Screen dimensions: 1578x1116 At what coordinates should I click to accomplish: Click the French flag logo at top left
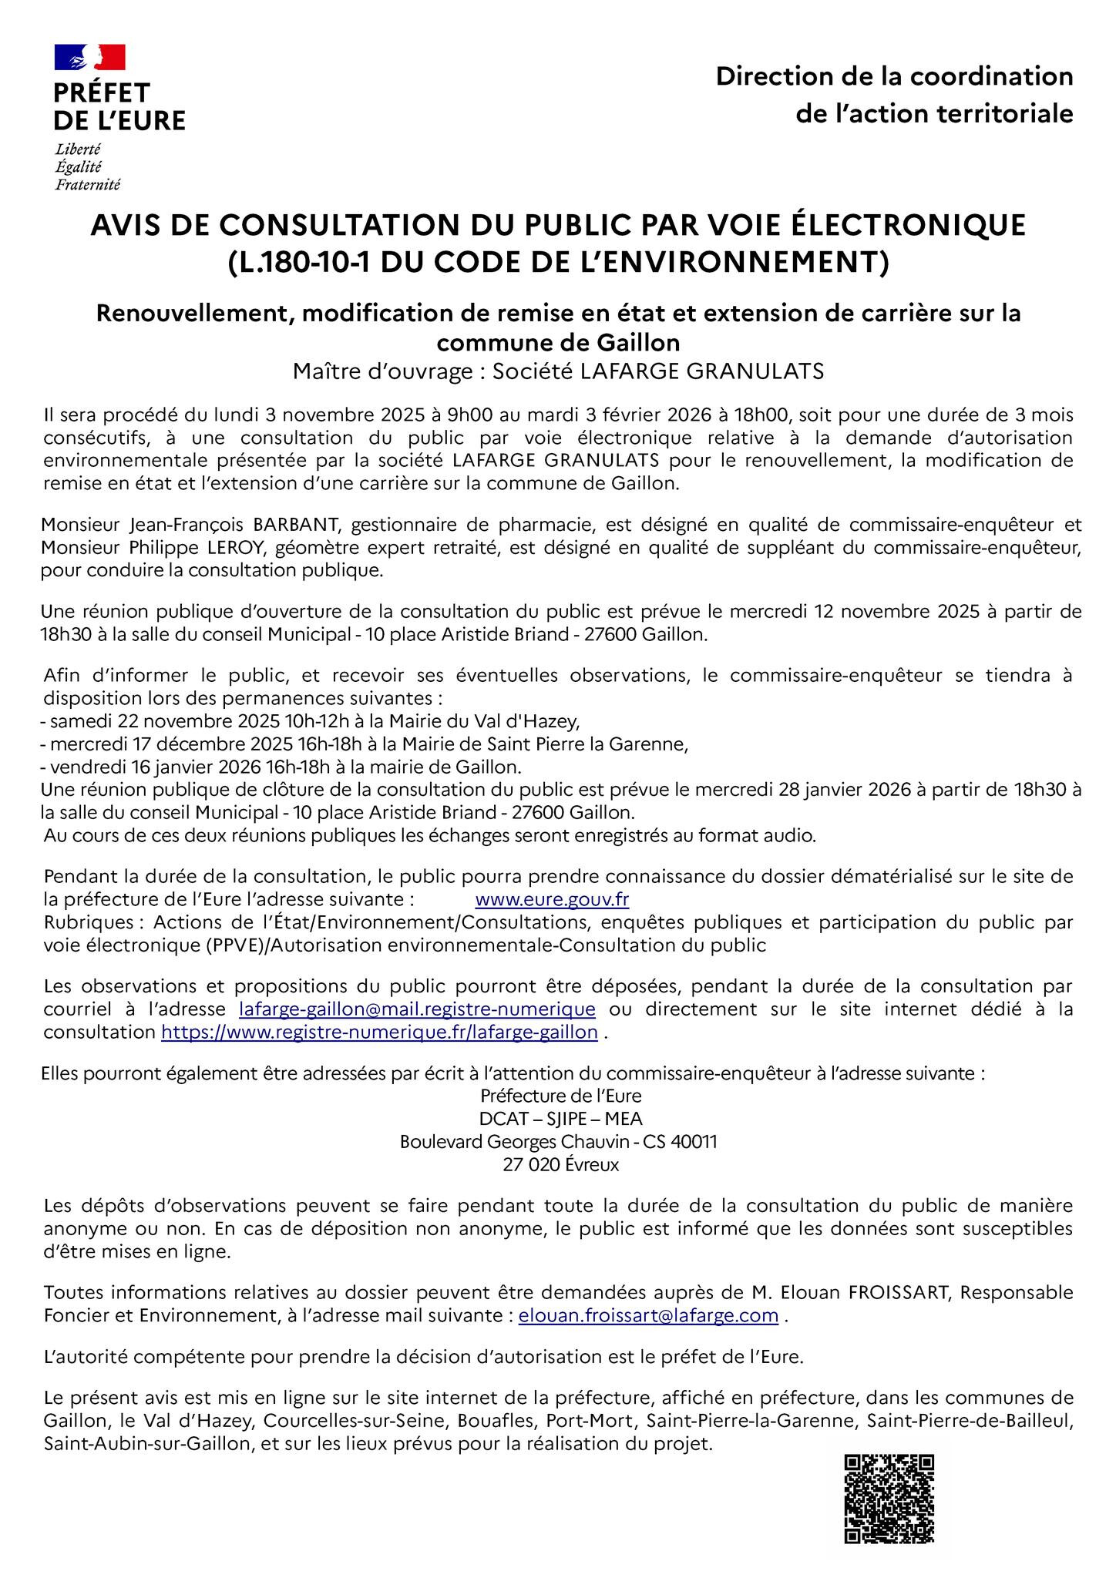pyautogui.click(x=89, y=58)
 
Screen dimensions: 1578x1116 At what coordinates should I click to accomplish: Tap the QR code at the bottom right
pyautogui.click(x=889, y=1498)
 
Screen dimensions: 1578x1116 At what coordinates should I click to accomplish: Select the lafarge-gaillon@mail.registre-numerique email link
pyautogui.click(x=417, y=1009)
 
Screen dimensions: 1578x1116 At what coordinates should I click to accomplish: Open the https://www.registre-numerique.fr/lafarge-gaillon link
pyautogui.click(x=379, y=1032)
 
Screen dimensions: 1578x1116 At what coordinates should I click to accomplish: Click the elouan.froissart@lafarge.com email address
pyautogui.click(x=648, y=1315)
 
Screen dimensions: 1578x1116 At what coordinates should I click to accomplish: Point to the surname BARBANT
pyautogui.click(x=295, y=525)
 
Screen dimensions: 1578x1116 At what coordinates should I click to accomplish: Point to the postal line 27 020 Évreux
pyautogui.click(x=560, y=1165)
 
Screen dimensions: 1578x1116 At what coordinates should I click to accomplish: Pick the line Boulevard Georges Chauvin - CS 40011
pyautogui.click(x=558, y=1142)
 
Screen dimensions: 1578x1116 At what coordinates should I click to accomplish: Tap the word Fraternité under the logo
pyautogui.click(x=87, y=185)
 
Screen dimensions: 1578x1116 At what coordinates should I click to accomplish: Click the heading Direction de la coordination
pyautogui.click(x=894, y=77)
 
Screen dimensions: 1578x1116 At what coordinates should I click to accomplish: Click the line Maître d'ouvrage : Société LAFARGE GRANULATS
pyautogui.click(x=558, y=372)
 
